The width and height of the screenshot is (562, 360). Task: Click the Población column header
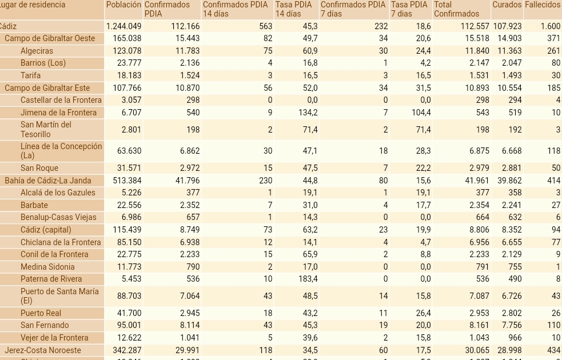click(x=123, y=5)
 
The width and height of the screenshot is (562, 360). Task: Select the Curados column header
click(x=507, y=5)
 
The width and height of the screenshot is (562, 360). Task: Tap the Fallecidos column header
click(x=542, y=5)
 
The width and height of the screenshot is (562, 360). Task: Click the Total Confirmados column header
click(x=457, y=9)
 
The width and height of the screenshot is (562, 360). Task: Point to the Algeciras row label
click(x=37, y=51)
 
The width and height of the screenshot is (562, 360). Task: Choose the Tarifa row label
click(x=30, y=75)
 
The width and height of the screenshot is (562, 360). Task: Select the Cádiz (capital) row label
click(x=46, y=230)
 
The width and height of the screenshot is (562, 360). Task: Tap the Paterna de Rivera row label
click(x=51, y=279)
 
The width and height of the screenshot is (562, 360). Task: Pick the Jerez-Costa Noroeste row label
click(x=43, y=350)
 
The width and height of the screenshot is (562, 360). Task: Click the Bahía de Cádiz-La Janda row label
click(x=48, y=181)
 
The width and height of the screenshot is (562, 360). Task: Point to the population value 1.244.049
click(x=123, y=26)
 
